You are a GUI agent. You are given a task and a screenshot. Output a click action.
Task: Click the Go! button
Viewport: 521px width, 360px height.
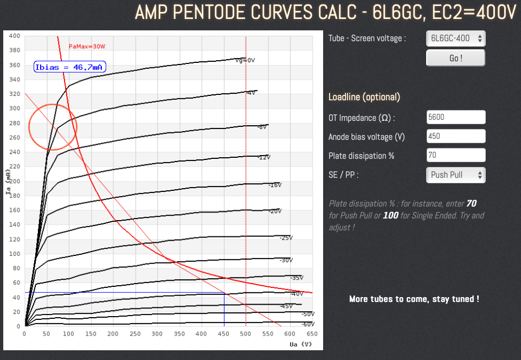[x=455, y=57]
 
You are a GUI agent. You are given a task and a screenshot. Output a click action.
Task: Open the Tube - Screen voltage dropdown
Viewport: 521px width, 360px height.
[x=455, y=38]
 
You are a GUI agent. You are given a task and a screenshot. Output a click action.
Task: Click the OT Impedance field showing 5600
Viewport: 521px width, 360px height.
[x=455, y=117]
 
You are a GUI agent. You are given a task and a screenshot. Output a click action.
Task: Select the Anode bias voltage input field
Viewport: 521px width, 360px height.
[x=455, y=136]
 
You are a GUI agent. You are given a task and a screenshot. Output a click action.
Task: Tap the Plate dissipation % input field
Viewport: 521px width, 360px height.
[x=455, y=155]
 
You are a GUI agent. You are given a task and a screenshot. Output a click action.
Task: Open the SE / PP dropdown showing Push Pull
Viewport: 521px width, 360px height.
[x=455, y=175]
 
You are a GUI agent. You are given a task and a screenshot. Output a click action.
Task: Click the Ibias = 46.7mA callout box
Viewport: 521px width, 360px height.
[x=70, y=67]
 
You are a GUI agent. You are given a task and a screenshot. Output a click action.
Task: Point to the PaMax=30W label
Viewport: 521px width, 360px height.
[x=87, y=47]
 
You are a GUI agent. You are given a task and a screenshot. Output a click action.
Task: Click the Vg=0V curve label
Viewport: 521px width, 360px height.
[x=245, y=60]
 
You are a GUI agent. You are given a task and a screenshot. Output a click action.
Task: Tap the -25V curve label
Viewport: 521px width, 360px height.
[x=286, y=237]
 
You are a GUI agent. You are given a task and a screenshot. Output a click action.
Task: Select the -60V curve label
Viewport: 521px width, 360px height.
[x=308, y=324]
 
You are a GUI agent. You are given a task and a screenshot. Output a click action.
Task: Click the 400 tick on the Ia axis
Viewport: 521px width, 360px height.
[x=15, y=36]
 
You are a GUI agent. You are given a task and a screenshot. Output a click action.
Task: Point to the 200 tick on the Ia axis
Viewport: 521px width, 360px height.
[x=15, y=181]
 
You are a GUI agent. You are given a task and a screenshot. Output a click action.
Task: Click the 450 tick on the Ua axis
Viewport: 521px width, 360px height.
[x=224, y=334]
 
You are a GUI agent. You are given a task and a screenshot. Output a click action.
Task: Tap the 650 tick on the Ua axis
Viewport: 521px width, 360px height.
[x=312, y=334]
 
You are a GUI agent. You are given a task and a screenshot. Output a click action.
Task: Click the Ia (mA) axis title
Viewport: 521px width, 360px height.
[x=8, y=181]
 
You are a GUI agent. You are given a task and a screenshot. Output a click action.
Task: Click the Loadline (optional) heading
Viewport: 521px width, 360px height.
[x=364, y=97]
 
